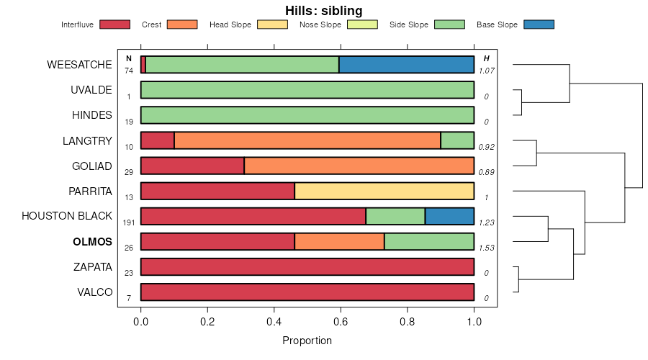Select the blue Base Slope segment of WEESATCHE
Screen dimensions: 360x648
click(406, 65)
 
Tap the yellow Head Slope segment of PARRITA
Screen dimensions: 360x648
click(384, 191)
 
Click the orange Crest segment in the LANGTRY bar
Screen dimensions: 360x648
click(307, 140)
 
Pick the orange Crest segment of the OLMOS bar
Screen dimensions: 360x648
click(339, 241)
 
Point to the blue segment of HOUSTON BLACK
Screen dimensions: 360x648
click(449, 216)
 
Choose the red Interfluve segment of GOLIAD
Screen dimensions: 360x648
click(192, 166)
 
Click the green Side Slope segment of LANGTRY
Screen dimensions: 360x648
click(457, 140)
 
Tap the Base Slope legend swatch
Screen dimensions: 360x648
click(539, 24)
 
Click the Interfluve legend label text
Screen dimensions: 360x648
click(77, 24)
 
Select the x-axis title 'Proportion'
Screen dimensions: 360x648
click(307, 341)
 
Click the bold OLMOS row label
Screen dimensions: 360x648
click(92, 242)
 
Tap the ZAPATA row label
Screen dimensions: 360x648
click(93, 267)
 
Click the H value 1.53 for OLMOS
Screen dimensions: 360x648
click(487, 248)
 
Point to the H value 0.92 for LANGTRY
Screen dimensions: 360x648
click(487, 147)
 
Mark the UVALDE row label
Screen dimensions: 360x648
click(91, 90)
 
